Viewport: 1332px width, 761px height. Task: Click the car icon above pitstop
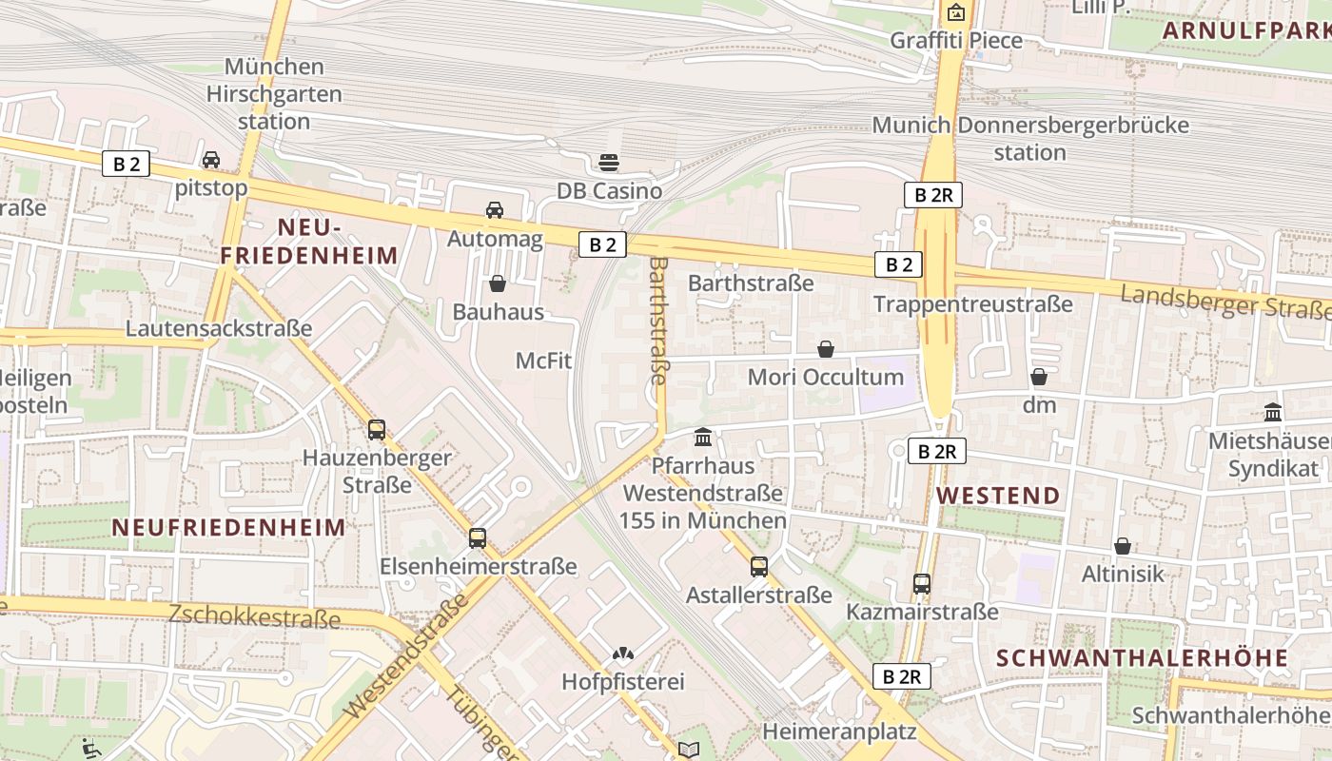click(211, 159)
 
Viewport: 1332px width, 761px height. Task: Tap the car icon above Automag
click(495, 209)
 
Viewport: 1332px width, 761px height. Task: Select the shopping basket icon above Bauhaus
click(497, 283)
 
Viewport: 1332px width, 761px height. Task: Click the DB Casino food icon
click(609, 162)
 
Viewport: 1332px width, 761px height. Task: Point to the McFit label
click(543, 361)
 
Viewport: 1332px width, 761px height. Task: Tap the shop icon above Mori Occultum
click(826, 349)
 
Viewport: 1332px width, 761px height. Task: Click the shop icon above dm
click(1039, 377)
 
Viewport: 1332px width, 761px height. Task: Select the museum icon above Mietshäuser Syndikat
click(1273, 412)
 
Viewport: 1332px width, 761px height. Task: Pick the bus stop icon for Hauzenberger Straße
click(377, 429)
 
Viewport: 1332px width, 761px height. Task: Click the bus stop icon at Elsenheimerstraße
click(478, 537)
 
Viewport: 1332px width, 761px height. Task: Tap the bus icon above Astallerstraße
click(759, 566)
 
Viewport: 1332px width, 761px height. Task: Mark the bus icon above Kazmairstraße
click(922, 583)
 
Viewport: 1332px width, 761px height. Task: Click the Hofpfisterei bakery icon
click(623, 654)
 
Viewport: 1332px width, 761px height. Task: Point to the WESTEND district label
click(998, 496)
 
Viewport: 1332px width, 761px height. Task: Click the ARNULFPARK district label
click(1245, 29)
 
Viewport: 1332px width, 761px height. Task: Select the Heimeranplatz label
click(839, 732)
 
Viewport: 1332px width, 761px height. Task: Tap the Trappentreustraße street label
click(972, 303)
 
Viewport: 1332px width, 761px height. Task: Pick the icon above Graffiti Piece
click(956, 12)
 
